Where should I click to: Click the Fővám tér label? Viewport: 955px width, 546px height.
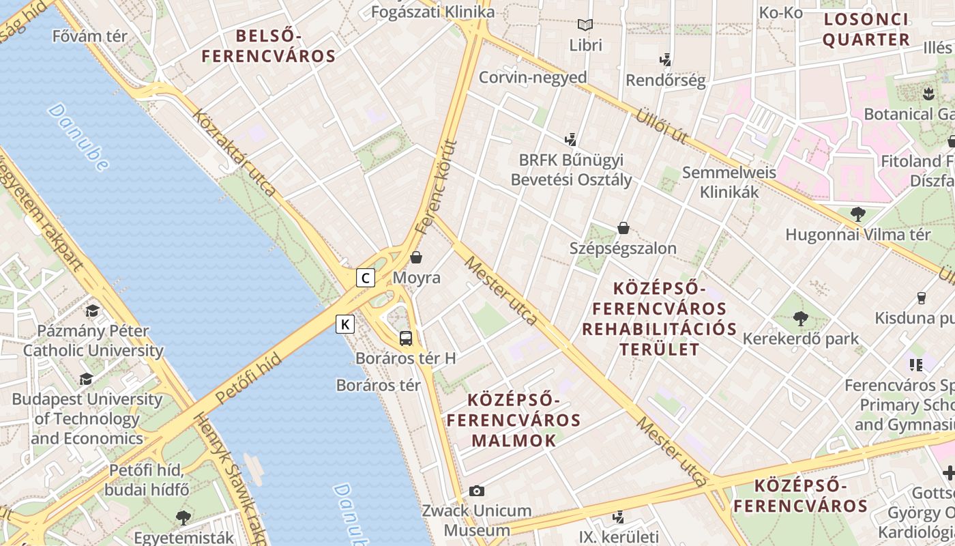tap(89, 36)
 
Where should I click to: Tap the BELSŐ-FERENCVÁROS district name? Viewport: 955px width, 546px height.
tap(269, 46)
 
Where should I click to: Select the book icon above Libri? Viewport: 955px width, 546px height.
tap(585, 25)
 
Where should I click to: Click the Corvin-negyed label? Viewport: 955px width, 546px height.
tap(533, 77)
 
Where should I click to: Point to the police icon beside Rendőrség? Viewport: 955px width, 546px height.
tap(666, 60)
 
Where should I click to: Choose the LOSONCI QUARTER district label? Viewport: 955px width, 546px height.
tap(866, 29)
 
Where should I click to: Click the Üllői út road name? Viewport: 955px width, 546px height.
tap(661, 125)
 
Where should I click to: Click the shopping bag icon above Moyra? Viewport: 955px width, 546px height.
tap(416, 257)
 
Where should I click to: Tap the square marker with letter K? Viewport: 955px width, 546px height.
tap(346, 324)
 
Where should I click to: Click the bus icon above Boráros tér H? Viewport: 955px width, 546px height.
tap(406, 338)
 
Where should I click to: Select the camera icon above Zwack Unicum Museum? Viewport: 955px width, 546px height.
tap(477, 491)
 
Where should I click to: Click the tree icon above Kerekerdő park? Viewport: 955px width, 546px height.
tap(800, 318)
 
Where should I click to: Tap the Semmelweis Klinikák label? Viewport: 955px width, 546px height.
tap(729, 182)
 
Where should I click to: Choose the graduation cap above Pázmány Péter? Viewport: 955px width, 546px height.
tap(92, 311)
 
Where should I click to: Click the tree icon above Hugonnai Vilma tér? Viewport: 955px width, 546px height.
tap(858, 214)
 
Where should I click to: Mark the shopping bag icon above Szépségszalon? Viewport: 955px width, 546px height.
tap(623, 227)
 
